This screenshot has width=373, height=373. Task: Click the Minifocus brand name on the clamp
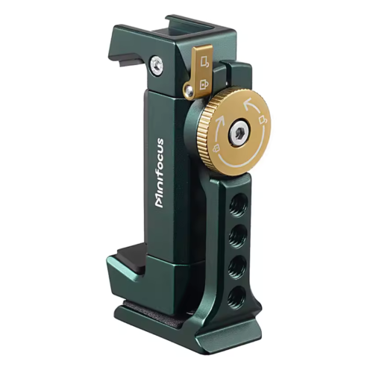(x=160, y=173)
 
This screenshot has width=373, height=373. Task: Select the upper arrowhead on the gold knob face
(x=249, y=103)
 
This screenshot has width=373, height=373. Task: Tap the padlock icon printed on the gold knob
(x=216, y=149)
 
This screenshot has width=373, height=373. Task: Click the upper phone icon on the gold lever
(x=205, y=61)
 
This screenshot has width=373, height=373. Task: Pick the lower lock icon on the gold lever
(x=204, y=84)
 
